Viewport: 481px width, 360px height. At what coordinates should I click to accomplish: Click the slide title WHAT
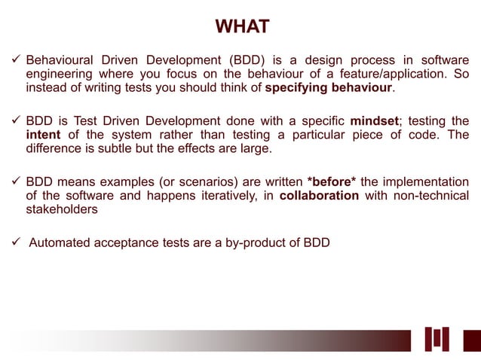(x=242, y=27)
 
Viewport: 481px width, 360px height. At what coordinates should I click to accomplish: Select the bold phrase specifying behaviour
(x=328, y=88)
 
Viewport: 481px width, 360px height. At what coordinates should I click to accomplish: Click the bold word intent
(x=43, y=135)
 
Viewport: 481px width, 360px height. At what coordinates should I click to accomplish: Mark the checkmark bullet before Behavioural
(x=14, y=59)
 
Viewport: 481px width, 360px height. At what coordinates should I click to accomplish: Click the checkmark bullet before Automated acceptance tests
(x=14, y=244)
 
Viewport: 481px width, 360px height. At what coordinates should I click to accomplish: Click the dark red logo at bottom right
(x=447, y=340)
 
